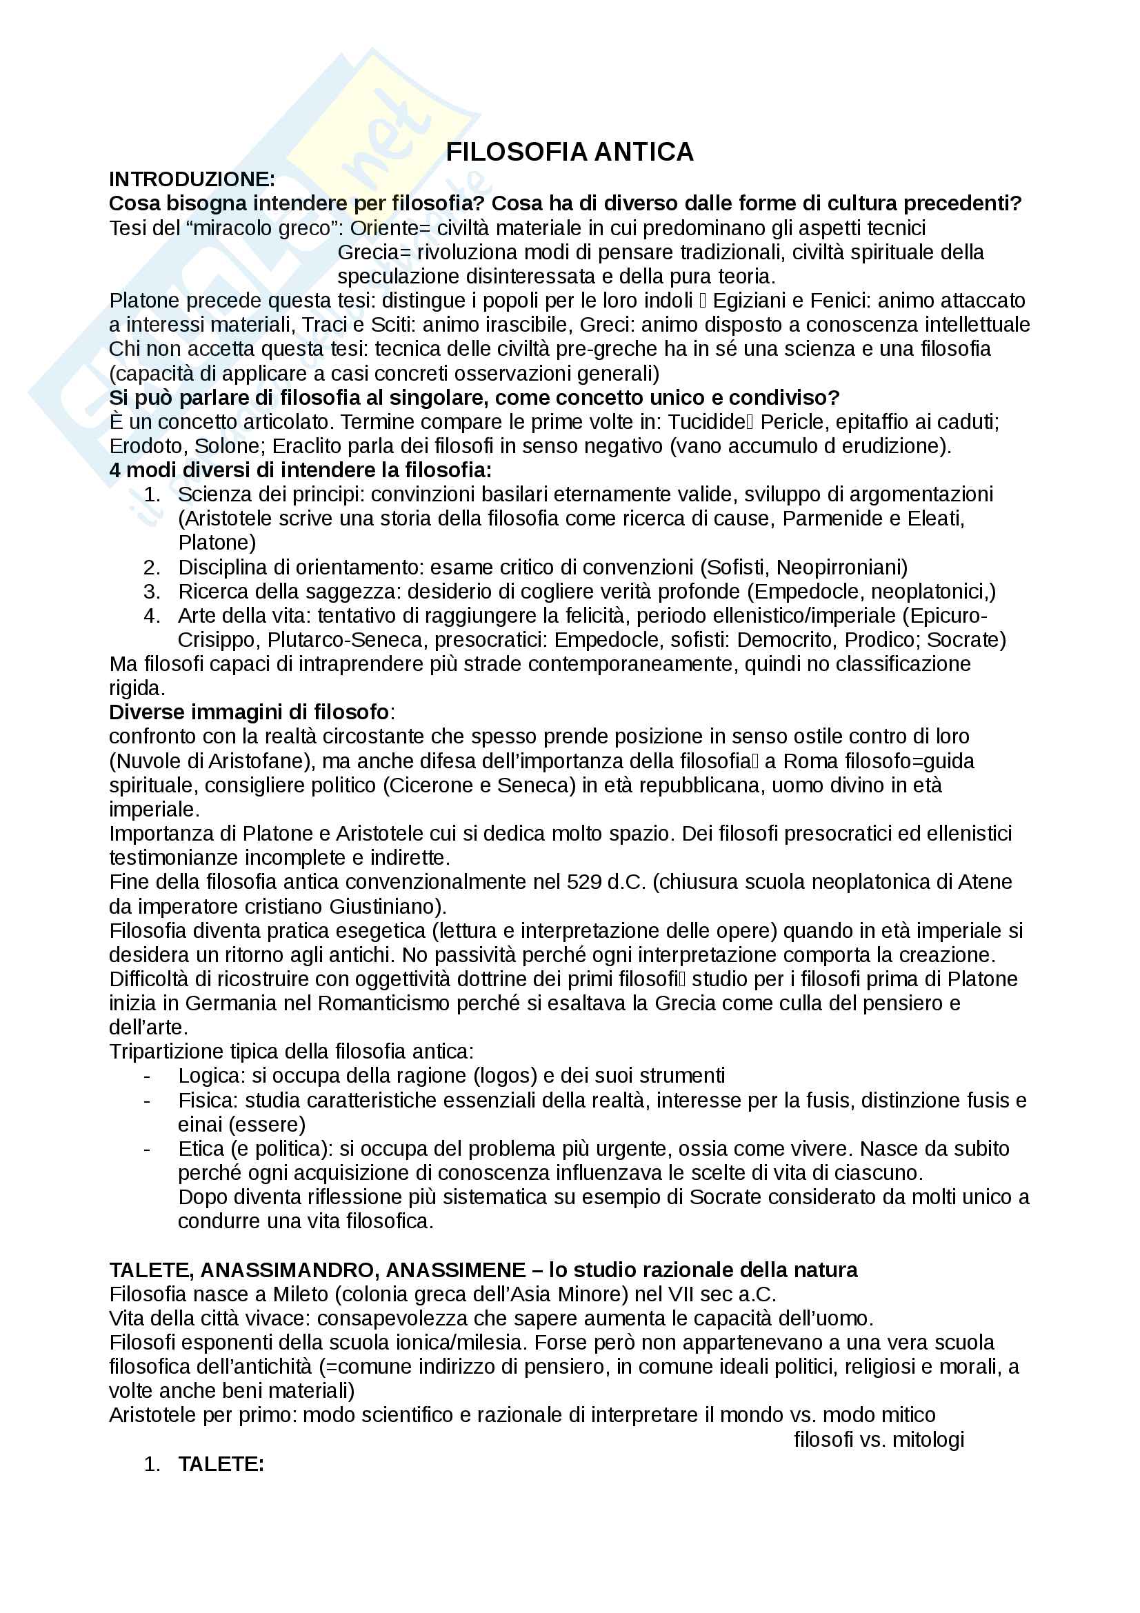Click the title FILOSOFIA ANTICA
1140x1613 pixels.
pos(570,152)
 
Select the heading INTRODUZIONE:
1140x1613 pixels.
pos(192,180)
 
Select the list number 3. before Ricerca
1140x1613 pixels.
pos(152,592)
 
